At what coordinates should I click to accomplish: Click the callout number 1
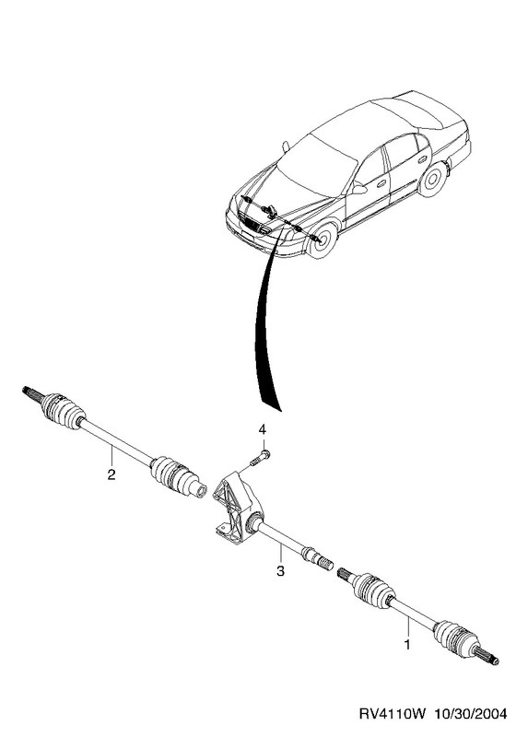coord(407,643)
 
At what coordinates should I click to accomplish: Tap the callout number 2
coord(111,474)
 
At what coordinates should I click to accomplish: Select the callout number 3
coord(280,571)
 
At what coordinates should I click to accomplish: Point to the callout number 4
coord(263,429)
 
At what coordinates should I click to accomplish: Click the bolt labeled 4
coord(260,457)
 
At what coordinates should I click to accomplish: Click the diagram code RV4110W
coord(393,714)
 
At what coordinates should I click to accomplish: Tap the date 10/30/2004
coord(471,714)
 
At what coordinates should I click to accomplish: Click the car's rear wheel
coord(432,180)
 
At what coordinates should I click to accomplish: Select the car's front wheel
coord(323,240)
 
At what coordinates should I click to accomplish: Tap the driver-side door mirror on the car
coord(359,189)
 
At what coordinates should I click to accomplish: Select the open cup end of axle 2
coord(200,490)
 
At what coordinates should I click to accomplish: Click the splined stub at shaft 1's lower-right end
coord(487,657)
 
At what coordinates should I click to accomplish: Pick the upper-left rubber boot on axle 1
coord(371,590)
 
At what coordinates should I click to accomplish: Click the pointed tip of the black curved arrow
coord(281,412)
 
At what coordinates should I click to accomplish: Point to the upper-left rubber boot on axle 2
coord(62,411)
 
